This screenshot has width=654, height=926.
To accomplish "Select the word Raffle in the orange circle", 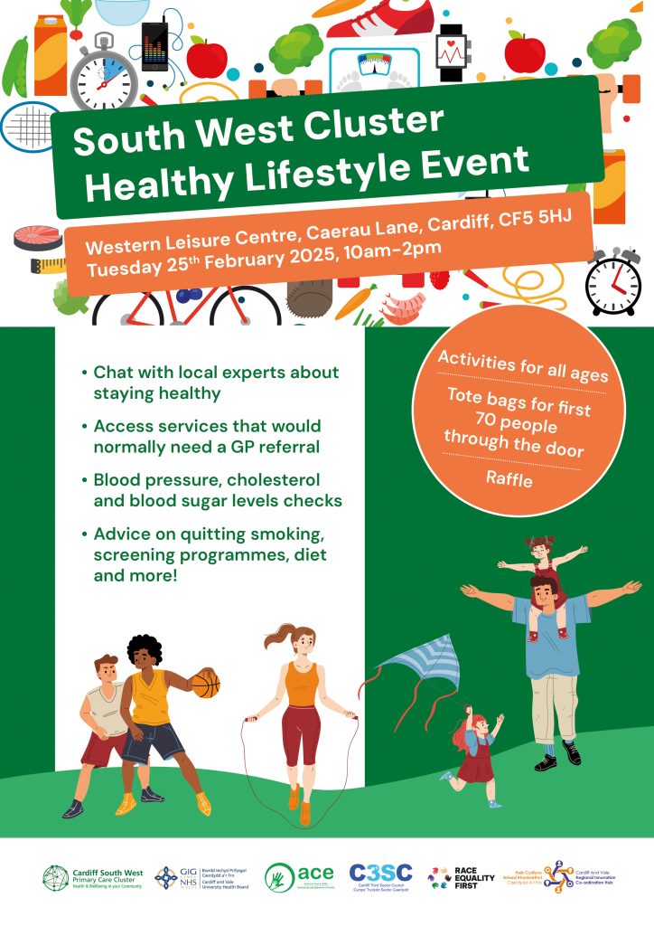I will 509,479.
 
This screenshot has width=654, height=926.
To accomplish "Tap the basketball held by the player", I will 206,685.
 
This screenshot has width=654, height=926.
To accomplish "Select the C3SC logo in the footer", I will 380,875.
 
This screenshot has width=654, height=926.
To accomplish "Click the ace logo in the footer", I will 294,876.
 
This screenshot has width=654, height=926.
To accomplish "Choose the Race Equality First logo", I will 463,876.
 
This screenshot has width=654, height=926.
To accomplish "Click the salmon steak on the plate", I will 38,237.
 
